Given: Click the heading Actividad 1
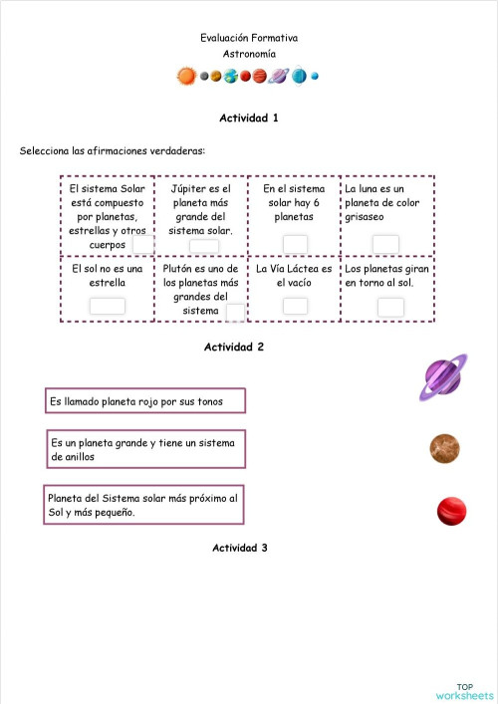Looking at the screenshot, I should click(x=248, y=117).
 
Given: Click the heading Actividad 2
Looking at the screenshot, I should click(x=234, y=348).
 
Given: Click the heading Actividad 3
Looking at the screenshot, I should click(x=239, y=548).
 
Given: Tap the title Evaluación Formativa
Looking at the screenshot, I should click(x=248, y=38).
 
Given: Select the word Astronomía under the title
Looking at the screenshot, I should click(x=249, y=54).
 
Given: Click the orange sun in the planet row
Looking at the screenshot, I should click(x=186, y=76).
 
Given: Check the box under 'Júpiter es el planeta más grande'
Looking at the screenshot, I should click(x=203, y=246).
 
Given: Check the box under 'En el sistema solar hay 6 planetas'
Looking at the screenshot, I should click(x=295, y=244).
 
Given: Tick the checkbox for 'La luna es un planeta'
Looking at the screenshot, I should click(x=385, y=244).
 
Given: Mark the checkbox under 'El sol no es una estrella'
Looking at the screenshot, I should click(x=108, y=306).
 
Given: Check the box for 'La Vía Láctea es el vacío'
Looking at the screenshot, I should click(x=295, y=306).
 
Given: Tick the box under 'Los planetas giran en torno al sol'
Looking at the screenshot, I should click(x=390, y=307).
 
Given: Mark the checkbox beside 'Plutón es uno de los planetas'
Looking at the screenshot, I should click(x=235, y=313).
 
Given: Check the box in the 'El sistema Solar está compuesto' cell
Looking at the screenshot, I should click(x=143, y=245).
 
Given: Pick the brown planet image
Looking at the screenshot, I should click(x=444, y=448).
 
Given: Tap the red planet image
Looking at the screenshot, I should click(x=452, y=511).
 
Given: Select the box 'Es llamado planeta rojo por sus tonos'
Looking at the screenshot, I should click(x=145, y=401).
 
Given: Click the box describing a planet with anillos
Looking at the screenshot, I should click(x=145, y=449).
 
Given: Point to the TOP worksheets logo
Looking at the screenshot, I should click(x=464, y=690).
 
